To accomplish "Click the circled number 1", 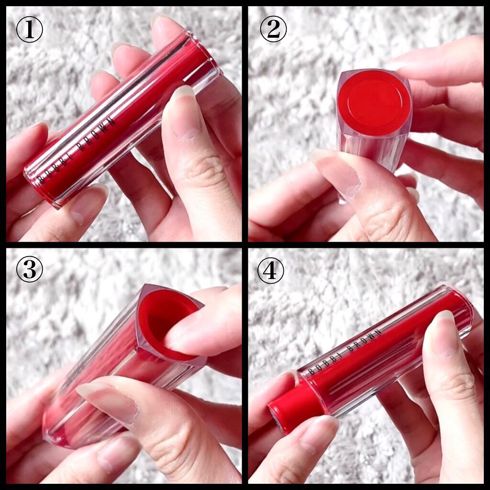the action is pyautogui.click(x=29, y=29).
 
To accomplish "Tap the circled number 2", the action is pyautogui.click(x=273, y=29).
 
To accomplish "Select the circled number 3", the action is pyautogui.click(x=29, y=269).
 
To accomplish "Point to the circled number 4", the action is pyautogui.click(x=271, y=270).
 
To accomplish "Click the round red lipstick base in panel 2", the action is pyautogui.click(x=374, y=102).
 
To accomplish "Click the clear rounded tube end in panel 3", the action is pyautogui.click(x=59, y=425).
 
